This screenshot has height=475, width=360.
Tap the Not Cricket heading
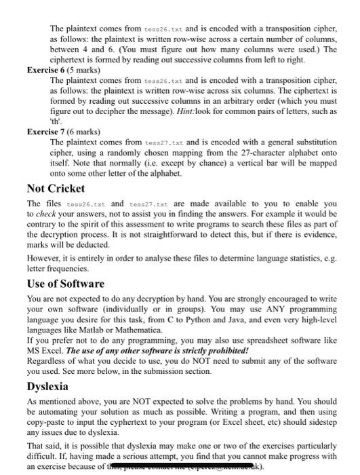coord(56,188)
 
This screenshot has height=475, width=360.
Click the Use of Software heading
coord(65,284)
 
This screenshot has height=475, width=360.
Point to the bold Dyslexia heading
coord(47,386)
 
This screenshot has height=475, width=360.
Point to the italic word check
coord(47,213)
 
